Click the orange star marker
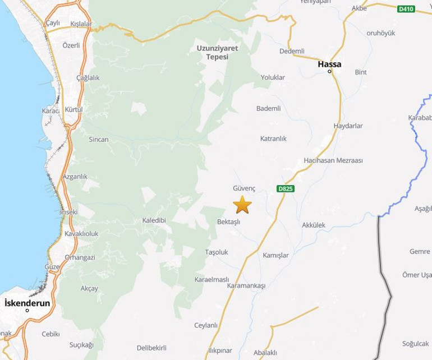point(242,205)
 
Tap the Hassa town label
point(329,63)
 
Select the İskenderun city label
point(27,303)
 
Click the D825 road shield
point(286,189)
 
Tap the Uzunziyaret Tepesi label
point(217,52)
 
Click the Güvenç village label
point(244,189)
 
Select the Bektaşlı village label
point(228,221)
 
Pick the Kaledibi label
point(154,220)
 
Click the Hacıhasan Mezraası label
point(333,160)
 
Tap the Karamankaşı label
point(246,285)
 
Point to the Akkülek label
point(313,225)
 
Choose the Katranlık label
point(273,138)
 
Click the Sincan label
point(99,139)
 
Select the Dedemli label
point(291,51)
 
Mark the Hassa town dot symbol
point(330,71)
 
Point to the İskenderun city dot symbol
point(27,311)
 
